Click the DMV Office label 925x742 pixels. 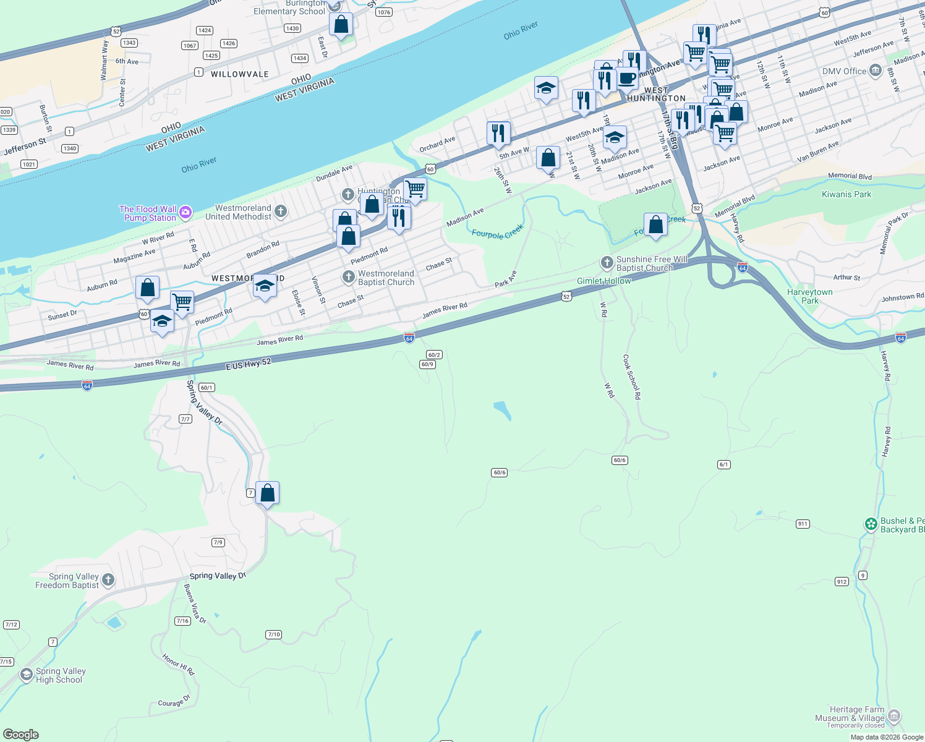click(x=844, y=71)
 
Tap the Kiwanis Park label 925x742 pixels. click(x=846, y=194)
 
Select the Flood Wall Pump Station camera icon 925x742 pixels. click(x=185, y=213)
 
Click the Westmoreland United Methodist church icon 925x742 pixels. click(x=281, y=212)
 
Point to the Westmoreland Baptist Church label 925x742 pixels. click(x=386, y=278)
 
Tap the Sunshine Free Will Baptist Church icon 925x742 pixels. click(x=607, y=263)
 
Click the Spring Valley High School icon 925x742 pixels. click(x=26, y=675)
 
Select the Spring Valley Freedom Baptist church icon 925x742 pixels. click(x=108, y=580)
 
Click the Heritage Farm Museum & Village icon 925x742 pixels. click(x=894, y=717)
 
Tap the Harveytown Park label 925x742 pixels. click(x=809, y=296)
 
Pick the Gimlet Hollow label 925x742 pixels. click(x=603, y=281)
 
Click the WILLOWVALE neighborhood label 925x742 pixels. click(x=240, y=74)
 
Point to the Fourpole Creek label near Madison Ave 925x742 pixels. click(x=497, y=232)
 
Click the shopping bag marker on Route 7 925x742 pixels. click(x=267, y=494)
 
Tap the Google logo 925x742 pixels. click(x=21, y=734)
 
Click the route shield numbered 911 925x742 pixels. click(x=803, y=524)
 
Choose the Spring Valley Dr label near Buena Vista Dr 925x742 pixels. click(x=218, y=576)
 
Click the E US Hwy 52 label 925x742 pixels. click(x=248, y=364)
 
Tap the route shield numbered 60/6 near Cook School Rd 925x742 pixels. click(x=620, y=460)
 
